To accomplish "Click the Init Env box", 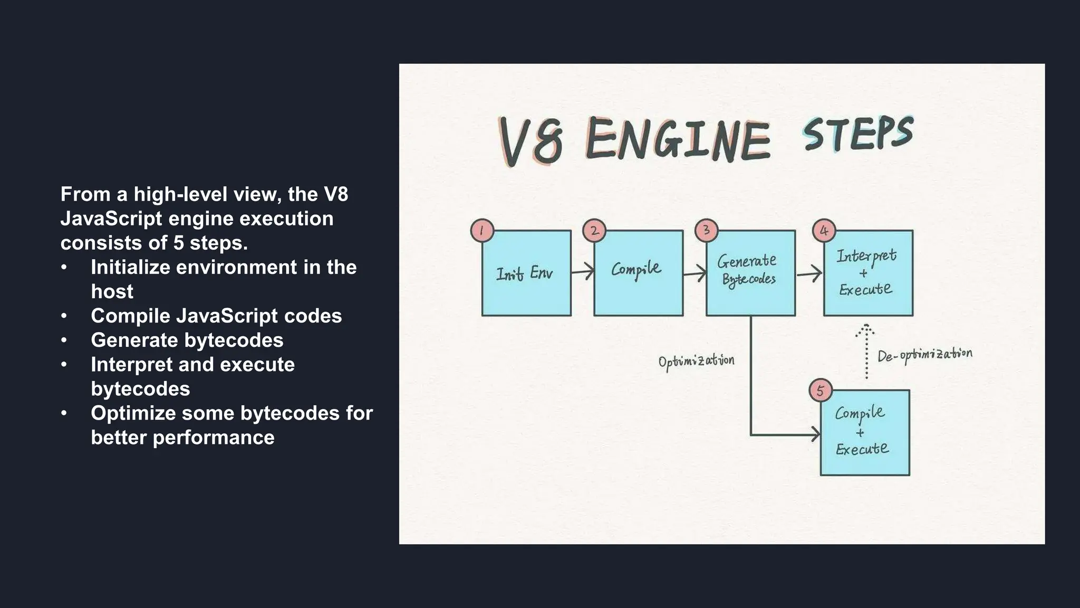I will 526,273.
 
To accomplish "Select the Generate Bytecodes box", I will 750,273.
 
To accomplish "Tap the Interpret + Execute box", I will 867,273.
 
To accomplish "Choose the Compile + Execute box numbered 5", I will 865,433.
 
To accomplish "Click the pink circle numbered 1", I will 481,231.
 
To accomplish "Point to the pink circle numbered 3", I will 706,231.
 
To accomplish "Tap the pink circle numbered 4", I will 824,231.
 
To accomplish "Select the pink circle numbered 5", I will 820,391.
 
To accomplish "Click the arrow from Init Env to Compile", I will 583,272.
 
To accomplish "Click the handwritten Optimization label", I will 696,362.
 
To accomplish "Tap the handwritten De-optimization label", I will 924,355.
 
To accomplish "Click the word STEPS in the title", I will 857,134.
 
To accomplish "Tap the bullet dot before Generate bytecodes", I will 64,340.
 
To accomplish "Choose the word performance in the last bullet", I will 214,438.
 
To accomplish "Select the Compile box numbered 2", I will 638,273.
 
